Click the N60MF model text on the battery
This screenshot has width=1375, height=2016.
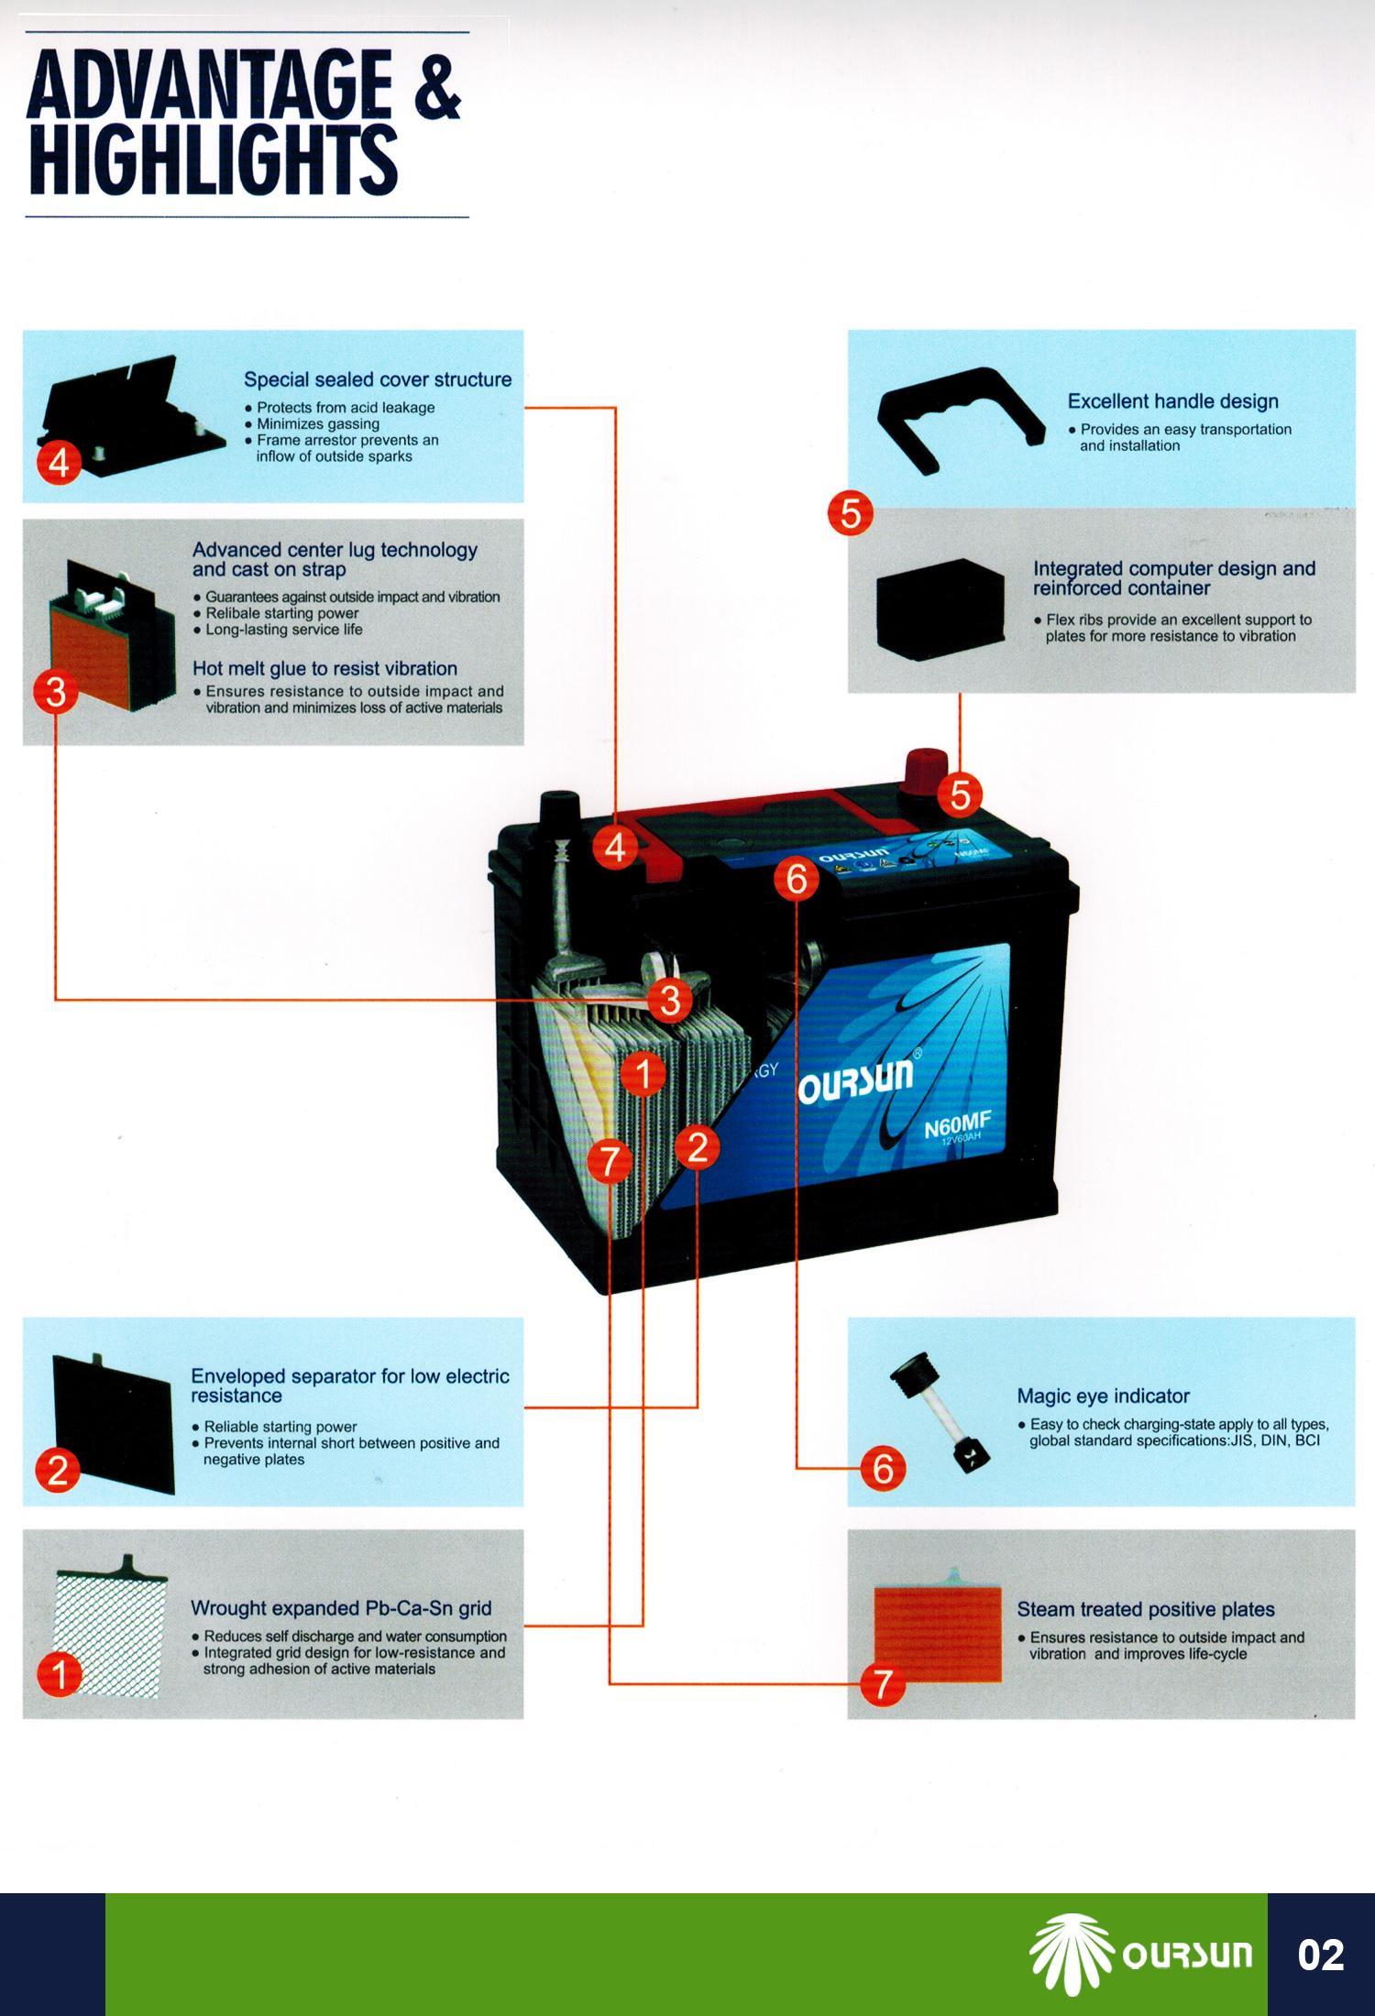tap(956, 1123)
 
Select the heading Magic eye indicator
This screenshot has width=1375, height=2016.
tap(1103, 1396)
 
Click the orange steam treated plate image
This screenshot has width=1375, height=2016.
tap(937, 1634)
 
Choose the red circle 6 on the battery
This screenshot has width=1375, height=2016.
tap(796, 879)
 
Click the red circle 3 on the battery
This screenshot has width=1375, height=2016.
tap(669, 1000)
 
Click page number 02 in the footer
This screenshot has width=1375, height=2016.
tap(1320, 1954)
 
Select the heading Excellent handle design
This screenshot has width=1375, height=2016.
tap(1172, 401)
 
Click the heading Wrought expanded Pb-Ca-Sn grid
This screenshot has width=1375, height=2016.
tap(341, 1608)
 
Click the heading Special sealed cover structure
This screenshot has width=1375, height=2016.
tap(377, 379)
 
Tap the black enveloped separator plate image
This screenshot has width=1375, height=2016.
tap(114, 1422)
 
